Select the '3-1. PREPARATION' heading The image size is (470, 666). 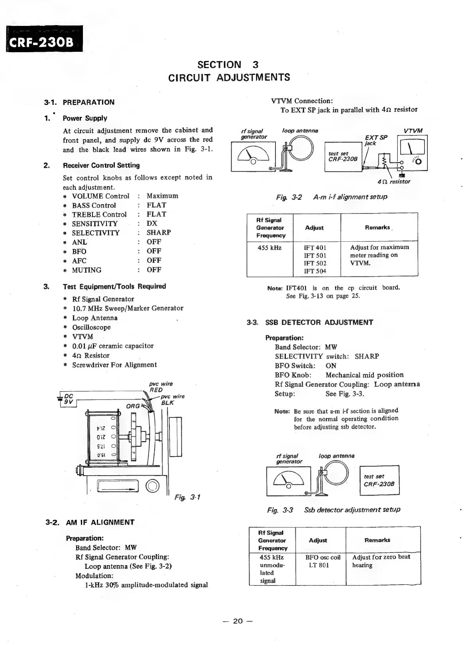click(x=79, y=102)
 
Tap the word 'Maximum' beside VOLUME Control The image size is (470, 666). click(x=162, y=196)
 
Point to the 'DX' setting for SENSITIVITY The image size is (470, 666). click(x=152, y=223)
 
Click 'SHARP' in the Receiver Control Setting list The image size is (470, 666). click(x=159, y=233)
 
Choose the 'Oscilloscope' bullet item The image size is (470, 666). click(x=91, y=327)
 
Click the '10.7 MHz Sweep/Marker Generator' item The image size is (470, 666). click(x=128, y=308)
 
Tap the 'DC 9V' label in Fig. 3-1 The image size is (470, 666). click(x=68, y=399)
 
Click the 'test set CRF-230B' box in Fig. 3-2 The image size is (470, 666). click(x=343, y=157)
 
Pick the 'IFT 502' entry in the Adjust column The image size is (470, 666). click(x=315, y=263)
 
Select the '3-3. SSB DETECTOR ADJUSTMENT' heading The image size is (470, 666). click(x=310, y=323)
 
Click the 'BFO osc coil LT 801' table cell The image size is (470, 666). click(x=321, y=561)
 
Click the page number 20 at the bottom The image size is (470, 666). click(x=238, y=621)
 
